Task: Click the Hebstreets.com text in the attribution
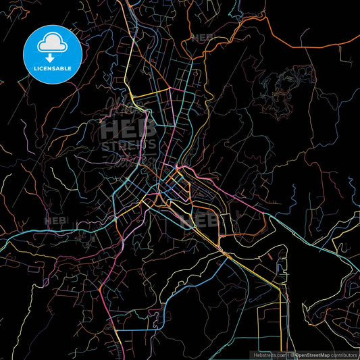pos(267,354)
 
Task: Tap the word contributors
pos(345,354)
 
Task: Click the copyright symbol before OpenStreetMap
pos(291,354)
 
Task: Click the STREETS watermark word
pos(128,145)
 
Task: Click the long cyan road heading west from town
pos(54,234)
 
